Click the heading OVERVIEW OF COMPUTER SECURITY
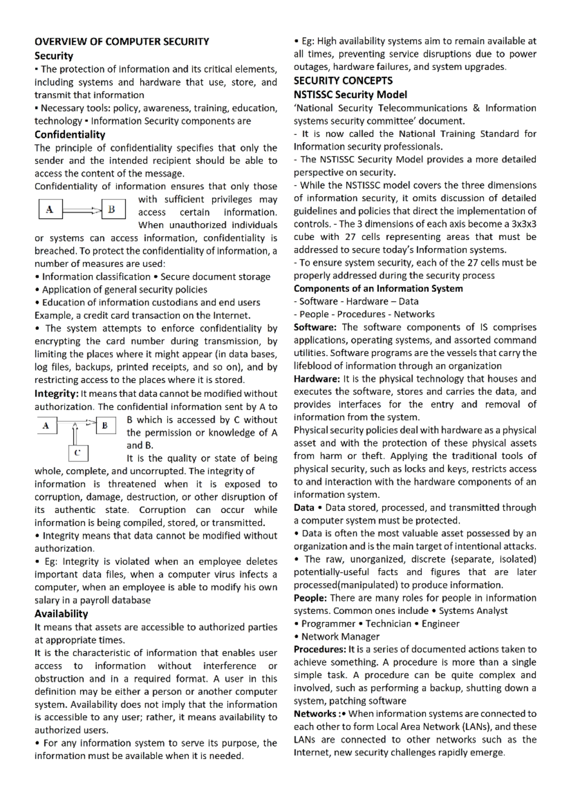tap(122, 41)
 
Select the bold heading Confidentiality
tap(69, 135)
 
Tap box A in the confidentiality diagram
tap(50, 209)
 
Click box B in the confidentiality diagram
tap(112, 209)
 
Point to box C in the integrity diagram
tap(78, 453)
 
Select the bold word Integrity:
tap(56, 394)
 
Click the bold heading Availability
tap(61, 614)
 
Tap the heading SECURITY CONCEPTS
tap(343, 80)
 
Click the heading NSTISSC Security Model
tap(350, 95)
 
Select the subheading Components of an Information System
tap(378, 288)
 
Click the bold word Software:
tap(315, 327)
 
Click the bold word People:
tap(310, 598)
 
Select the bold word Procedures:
tap(320, 650)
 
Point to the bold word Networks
tap(315, 714)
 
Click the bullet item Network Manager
tap(340, 637)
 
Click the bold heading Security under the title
tap(54, 56)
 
